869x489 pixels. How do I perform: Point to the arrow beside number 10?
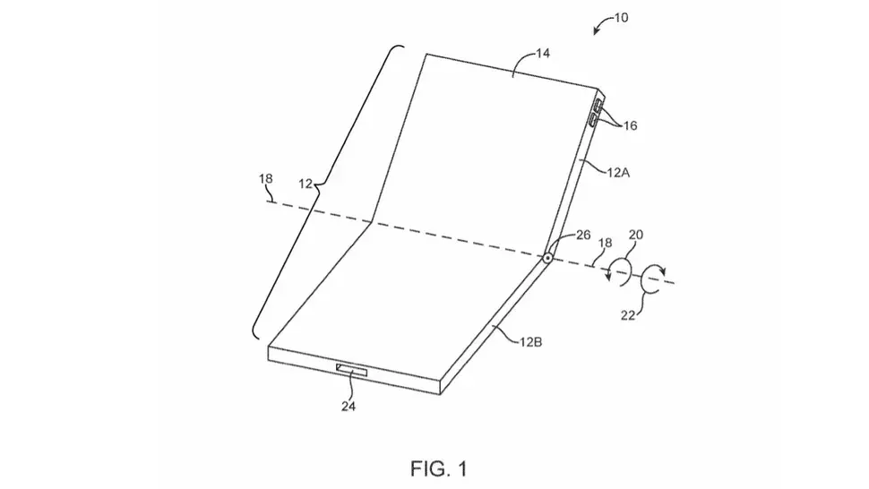[x=598, y=30]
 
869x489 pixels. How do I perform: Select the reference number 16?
[x=630, y=126]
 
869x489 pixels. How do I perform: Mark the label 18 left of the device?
[x=264, y=179]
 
